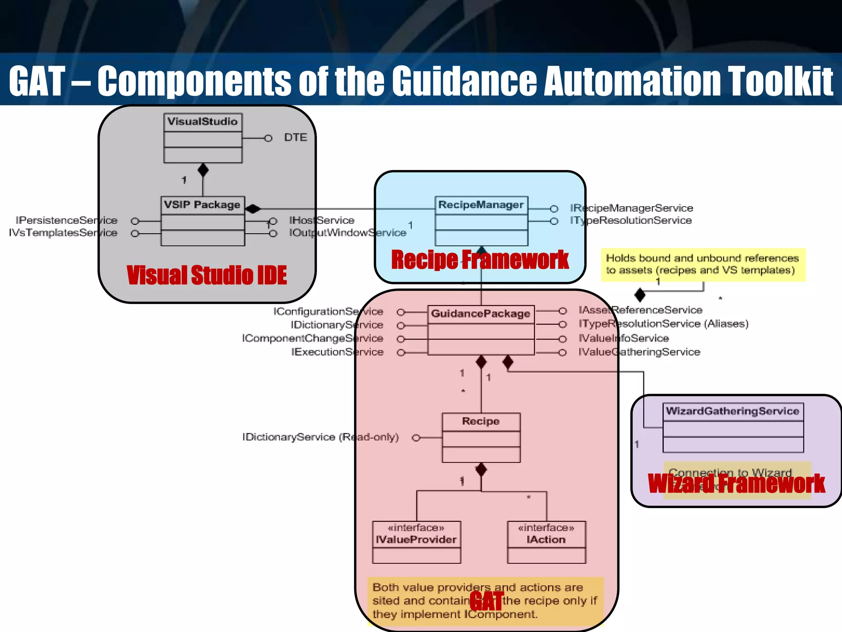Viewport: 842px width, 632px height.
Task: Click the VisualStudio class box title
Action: (x=202, y=122)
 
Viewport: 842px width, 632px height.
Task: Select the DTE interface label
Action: (x=295, y=137)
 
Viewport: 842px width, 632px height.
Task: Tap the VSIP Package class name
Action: (x=202, y=205)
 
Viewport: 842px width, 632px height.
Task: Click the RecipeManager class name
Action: (x=481, y=205)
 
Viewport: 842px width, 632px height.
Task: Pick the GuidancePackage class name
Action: (x=480, y=314)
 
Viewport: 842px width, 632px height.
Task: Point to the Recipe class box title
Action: (x=481, y=421)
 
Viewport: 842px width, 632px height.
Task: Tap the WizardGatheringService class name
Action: (x=732, y=411)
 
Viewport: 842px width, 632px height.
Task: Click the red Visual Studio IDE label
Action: (x=206, y=275)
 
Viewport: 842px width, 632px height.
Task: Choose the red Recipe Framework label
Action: (x=479, y=260)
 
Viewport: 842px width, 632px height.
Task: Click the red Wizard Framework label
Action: (x=736, y=483)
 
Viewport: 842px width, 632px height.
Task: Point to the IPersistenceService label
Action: (x=66, y=221)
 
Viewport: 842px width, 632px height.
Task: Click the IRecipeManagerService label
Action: (x=631, y=208)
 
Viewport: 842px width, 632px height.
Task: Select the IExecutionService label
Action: (x=337, y=352)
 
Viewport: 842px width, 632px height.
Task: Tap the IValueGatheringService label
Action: (x=639, y=352)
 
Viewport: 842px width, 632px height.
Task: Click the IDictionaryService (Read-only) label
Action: (x=320, y=437)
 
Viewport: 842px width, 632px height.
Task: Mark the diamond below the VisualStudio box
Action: (x=203, y=170)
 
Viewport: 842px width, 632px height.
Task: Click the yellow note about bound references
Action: (x=702, y=264)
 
